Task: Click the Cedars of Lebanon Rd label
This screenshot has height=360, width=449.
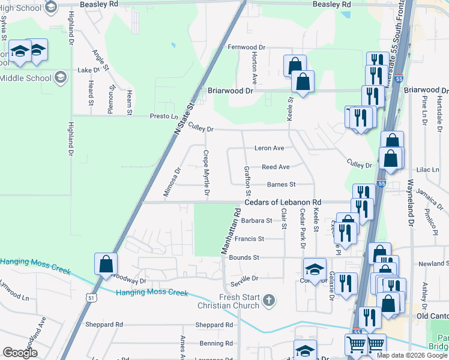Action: pyautogui.click(x=283, y=202)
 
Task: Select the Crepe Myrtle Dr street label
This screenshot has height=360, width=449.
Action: pyautogui.click(x=206, y=173)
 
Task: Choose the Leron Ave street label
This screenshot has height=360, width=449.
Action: pyautogui.click(x=269, y=148)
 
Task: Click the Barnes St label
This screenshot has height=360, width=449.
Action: pyautogui.click(x=281, y=185)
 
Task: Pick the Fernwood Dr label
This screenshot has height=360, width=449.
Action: pyautogui.click(x=246, y=47)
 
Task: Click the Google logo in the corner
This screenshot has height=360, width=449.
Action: pyautogui.click(x=20, y=352)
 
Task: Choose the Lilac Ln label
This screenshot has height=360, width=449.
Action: pyautogui.click(x=432, y=170)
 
